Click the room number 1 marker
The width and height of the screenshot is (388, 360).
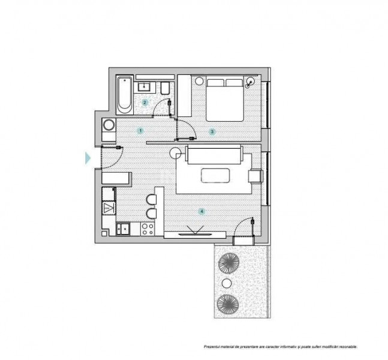(x=140, y=131)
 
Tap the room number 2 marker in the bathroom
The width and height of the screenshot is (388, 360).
(x=145, y=102)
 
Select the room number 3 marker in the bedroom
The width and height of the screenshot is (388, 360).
(x=212, y=131)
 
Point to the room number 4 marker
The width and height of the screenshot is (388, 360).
(x=202, y=211)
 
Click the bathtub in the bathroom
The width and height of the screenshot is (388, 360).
(x=125, y=95)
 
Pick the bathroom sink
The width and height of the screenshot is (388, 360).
(x=144, y=86)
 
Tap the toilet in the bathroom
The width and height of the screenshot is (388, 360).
(x=165, y=88)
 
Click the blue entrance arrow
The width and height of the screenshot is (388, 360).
(x=88, y=158)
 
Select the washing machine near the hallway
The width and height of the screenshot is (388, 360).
(x=109, y=125)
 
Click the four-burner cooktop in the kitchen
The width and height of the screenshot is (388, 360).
(x=148, y=229)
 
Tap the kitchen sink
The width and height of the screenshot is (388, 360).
(x=123, y=228)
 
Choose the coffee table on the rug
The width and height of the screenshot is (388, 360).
(x=215, y=176)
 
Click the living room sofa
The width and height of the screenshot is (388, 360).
(x=214, y=155)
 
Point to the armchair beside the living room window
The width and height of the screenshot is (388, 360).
(x=255, y=176)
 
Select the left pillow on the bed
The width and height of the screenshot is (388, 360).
(x=215, y=82)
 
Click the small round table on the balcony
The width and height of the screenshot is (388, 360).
(x=227, y=283)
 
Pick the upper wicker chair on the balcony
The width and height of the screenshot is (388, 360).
(x=229, y=263)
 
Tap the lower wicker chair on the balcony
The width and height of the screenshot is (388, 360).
(x=228, y=304)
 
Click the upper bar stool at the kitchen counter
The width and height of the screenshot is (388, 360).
(x=152, y=200)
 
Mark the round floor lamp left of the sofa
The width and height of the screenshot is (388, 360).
(x=176, y=153)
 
